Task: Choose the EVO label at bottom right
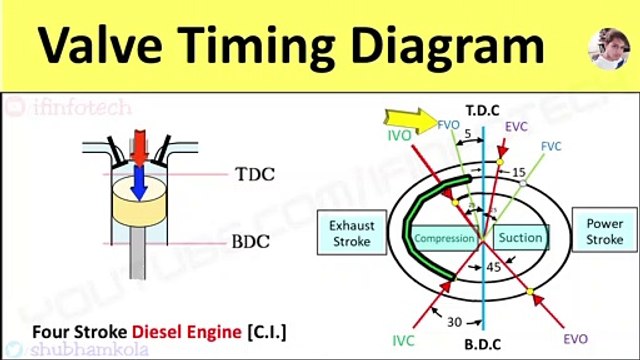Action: [575, 339]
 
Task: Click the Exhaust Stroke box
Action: [351, 233]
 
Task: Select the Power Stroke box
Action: [603, 233]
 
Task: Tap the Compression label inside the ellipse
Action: [444, 239]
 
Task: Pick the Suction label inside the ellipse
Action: [520, 238]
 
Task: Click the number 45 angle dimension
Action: [493, 267]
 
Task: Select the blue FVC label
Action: [551, 146]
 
